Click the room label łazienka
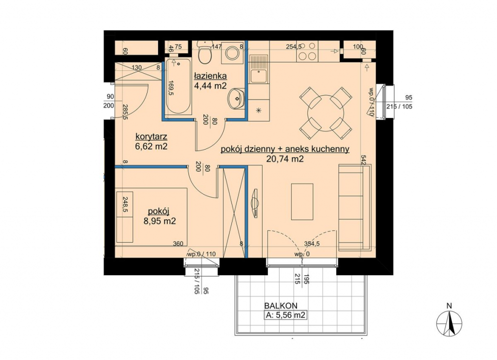click(x=210, y=76)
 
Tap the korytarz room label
click(x=151, y=137)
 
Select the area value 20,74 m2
click(x=285, y=159)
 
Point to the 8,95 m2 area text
click(x=159, y=221)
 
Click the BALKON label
click(x=281, y=306)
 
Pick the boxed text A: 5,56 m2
click(x=285, y=315)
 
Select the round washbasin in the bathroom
click(x=236, y=98)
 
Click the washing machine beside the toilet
click(x=233, y=52)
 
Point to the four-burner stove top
click(x=307, y=51)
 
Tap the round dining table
click(x=326, y=113)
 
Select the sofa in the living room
click(x=354, y=208)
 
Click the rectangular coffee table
click(x=302, y=201)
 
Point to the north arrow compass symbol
click(x=449, y=323)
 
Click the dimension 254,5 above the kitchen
click(x=294, y=47)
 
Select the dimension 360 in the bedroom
click(x=178, y=244)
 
